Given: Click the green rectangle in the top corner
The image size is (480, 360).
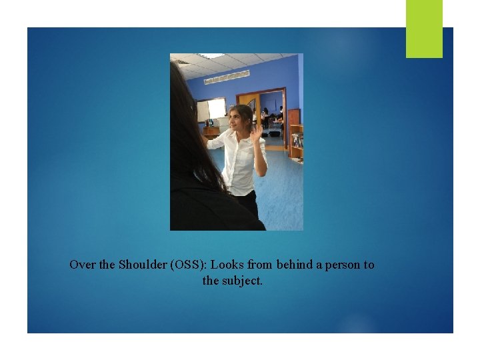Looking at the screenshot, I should (424, 29).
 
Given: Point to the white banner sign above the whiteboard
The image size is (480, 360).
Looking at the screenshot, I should (227, 76).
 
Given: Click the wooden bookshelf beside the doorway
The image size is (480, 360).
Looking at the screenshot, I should (295, 133).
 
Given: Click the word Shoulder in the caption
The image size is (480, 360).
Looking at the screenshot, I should (143, 265).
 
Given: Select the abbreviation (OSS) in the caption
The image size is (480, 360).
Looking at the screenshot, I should (189, 265).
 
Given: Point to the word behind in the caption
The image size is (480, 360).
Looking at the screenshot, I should (294, 265).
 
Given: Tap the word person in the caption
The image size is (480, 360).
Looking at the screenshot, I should (341, 265).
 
